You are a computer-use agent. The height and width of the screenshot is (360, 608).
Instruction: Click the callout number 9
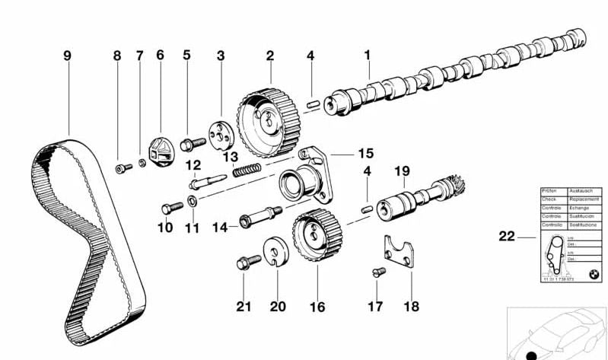[67, 56]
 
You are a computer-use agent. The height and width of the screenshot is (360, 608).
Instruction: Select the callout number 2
[269, 56]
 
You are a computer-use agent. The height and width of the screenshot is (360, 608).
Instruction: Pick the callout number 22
[506, 237]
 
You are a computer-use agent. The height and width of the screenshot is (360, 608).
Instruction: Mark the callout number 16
[317, 307]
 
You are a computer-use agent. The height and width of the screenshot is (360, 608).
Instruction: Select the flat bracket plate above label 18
[402, 255]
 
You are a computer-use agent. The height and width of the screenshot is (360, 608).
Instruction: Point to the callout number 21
[244, 307]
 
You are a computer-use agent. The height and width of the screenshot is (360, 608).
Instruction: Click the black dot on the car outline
[530, 354]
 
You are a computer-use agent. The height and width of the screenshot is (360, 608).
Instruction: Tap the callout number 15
[366, 153]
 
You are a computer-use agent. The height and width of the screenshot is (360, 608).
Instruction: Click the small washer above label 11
[193, 202]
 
